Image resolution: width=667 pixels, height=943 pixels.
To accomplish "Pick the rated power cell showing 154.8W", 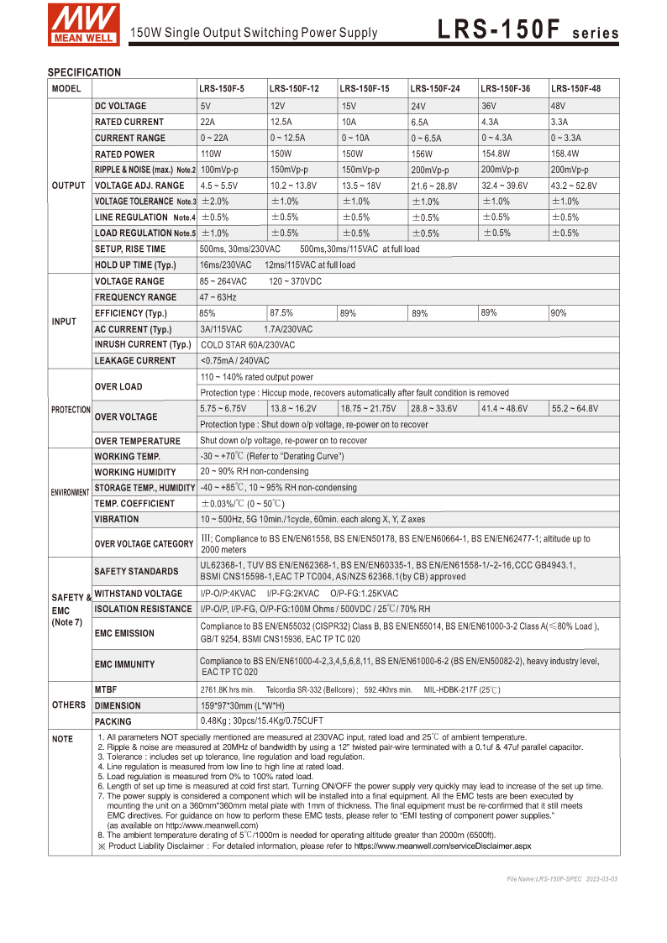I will [x=497, y=154].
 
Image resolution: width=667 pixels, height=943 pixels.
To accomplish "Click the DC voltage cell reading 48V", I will [x=558, y=107].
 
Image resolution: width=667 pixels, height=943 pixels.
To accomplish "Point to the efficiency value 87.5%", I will [x=281, y=312].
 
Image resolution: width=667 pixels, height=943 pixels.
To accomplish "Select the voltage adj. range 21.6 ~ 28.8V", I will [x=434, y=186].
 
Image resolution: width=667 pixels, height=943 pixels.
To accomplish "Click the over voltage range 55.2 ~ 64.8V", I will [x=575, y=408].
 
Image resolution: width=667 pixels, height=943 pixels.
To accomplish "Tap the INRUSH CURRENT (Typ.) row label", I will [x=143, y=344].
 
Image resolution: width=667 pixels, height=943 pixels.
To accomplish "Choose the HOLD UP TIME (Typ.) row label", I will [x=135, y=265].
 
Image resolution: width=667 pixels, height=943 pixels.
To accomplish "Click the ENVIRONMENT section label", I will [x=70, y=492].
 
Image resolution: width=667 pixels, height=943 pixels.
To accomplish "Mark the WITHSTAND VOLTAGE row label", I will [x=138, y=594].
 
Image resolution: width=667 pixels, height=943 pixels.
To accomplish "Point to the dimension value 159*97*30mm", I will [x=242, y=705].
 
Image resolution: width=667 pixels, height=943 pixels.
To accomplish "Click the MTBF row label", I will [x=105, y=689].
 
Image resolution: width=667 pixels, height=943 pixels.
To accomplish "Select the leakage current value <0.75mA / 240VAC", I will [x=235, y=360].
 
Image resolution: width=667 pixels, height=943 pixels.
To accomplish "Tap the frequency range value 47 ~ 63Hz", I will [x=218, y=297].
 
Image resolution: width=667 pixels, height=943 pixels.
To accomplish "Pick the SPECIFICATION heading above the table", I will [x=84, y=72].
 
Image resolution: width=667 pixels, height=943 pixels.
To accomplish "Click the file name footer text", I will [x=562, y=878].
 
